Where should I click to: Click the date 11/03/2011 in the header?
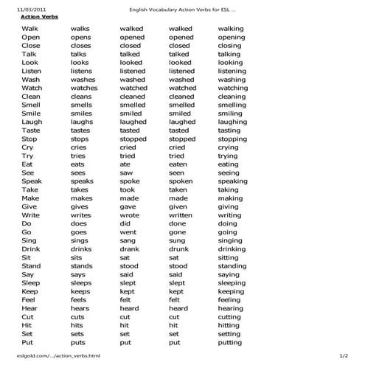pyautogui.click(x=21, y=8)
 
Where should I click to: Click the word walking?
pyautogui.click(x=231, y=28)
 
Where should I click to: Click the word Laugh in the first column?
pyautogui.click(x=32, y=122)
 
